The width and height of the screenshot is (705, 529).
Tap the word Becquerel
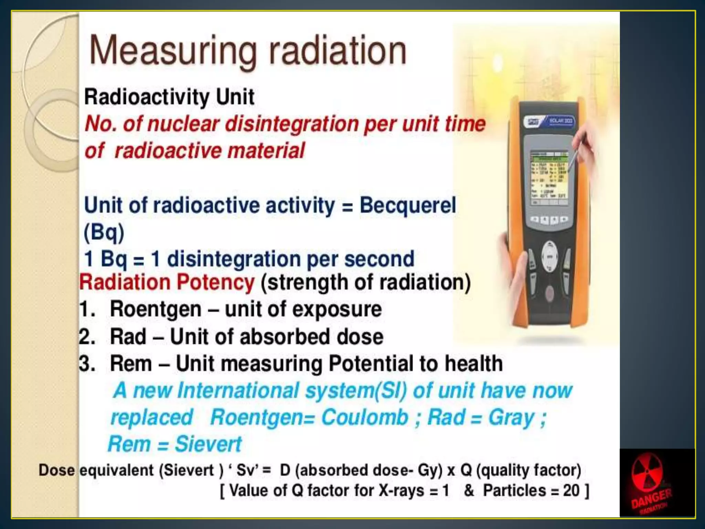pyautogui.click(x=408, y=206)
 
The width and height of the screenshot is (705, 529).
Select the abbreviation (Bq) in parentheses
pyautogui.click(x=104, y=232)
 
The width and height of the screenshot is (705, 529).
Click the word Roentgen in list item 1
pyautogui.click(x=156, y=309)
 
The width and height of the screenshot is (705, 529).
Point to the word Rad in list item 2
pyautogui.click(x=128, y=336)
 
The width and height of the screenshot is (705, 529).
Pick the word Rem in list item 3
pyautogui.click(x=131, y=364)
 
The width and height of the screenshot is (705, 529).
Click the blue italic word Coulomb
pyautogui.click(x=365, y=417)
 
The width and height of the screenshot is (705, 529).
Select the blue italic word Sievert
pyautogui.click(x=208, y=444)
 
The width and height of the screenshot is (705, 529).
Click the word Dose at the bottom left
pyautogui.click(x=56, y=470)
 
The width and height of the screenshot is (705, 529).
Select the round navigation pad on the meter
pyautogui.click(x=550, y=256)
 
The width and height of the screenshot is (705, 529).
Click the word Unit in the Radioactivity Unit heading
pyautogui.click(x=235, y=97)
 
